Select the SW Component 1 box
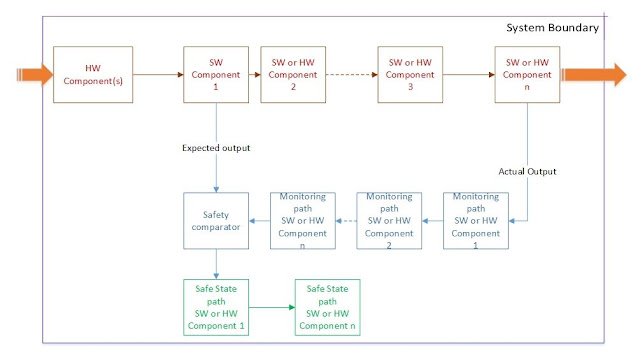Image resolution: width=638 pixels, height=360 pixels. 215,73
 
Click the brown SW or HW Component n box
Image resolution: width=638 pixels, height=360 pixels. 526,73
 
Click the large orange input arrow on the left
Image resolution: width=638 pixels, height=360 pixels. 32,73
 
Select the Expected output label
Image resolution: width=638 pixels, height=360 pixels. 215,148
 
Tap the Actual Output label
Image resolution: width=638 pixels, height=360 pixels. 528,171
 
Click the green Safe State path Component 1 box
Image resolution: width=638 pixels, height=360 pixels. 215,307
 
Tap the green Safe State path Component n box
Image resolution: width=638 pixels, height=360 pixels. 326,307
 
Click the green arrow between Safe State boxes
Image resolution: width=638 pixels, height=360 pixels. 270,307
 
